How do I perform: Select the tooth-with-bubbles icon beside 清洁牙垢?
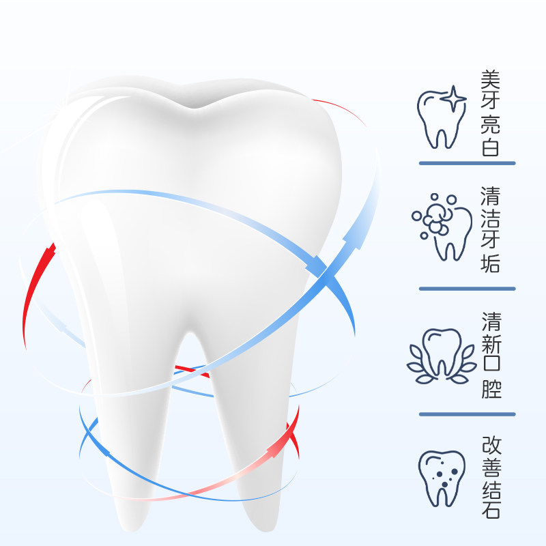point(442,227)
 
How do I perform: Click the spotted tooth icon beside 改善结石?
point(441,478)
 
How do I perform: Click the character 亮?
point(491,124)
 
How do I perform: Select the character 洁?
point(491,218)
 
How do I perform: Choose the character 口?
point(491,367)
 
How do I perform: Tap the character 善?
point(491,466)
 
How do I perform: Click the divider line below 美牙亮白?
point(467,163)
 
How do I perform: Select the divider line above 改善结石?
point(467,414)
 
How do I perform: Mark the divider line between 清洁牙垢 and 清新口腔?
point(467,288)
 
